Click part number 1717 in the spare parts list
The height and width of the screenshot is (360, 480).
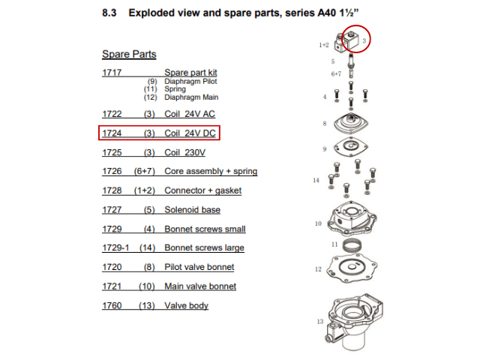pyautogui.click(x=112, y=73)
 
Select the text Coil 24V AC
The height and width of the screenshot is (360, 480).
pyautogui.click(x=190, y=114)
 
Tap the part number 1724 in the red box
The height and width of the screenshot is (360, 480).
pyautogui.click(x=112, y=133)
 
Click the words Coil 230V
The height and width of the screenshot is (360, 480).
pyautogui.click(x=185, y=152)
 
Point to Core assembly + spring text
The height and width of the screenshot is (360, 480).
pyautogui.click(x=211, y=171)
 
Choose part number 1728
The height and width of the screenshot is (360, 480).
pyautogui.click(x=112, y=190)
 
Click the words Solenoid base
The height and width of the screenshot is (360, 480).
pyautogui.click(x=192, y=210)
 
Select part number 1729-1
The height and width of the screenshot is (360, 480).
pyautogui.click(x=115, y=247)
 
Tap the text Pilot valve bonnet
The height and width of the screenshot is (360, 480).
pyautogui.click(x=199, y=267)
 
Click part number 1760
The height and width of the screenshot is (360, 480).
pyautogui.click(x=112, y=305)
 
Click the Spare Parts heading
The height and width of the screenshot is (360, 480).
pyautogui.click(x=129, y=54)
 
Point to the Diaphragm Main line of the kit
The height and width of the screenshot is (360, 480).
pyautogui.click(x=191, y=97)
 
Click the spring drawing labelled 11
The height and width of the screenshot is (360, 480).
pyautogui.click(x=352, y=245)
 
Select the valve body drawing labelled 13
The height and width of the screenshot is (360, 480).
pyautogui.click(x=354, y=322)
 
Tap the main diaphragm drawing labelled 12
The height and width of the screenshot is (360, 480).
pyautogui.click(x=352, y=268)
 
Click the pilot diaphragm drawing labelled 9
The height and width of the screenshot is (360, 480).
pyautogui.click(x=351, y=147)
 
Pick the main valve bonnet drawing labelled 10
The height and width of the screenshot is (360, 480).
pyautogui.click(x=352, y=218)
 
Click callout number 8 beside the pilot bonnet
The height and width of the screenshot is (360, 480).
pyautogui.click(x=325, y=124)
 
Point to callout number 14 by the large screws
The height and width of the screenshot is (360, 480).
pyautogui.click(x=316, y=180)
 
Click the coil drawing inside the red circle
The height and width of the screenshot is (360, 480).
pyautogui.click(x=351, y=40)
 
